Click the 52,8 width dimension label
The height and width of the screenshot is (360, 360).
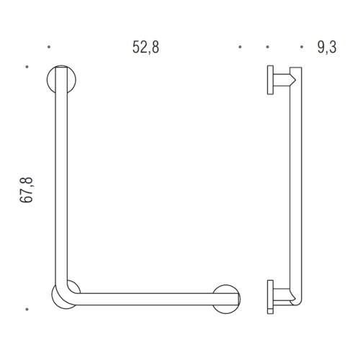coord(144,48)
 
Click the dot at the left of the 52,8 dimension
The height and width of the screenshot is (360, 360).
coord(48,48)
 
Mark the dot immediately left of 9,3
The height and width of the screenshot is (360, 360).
coord(267,48)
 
